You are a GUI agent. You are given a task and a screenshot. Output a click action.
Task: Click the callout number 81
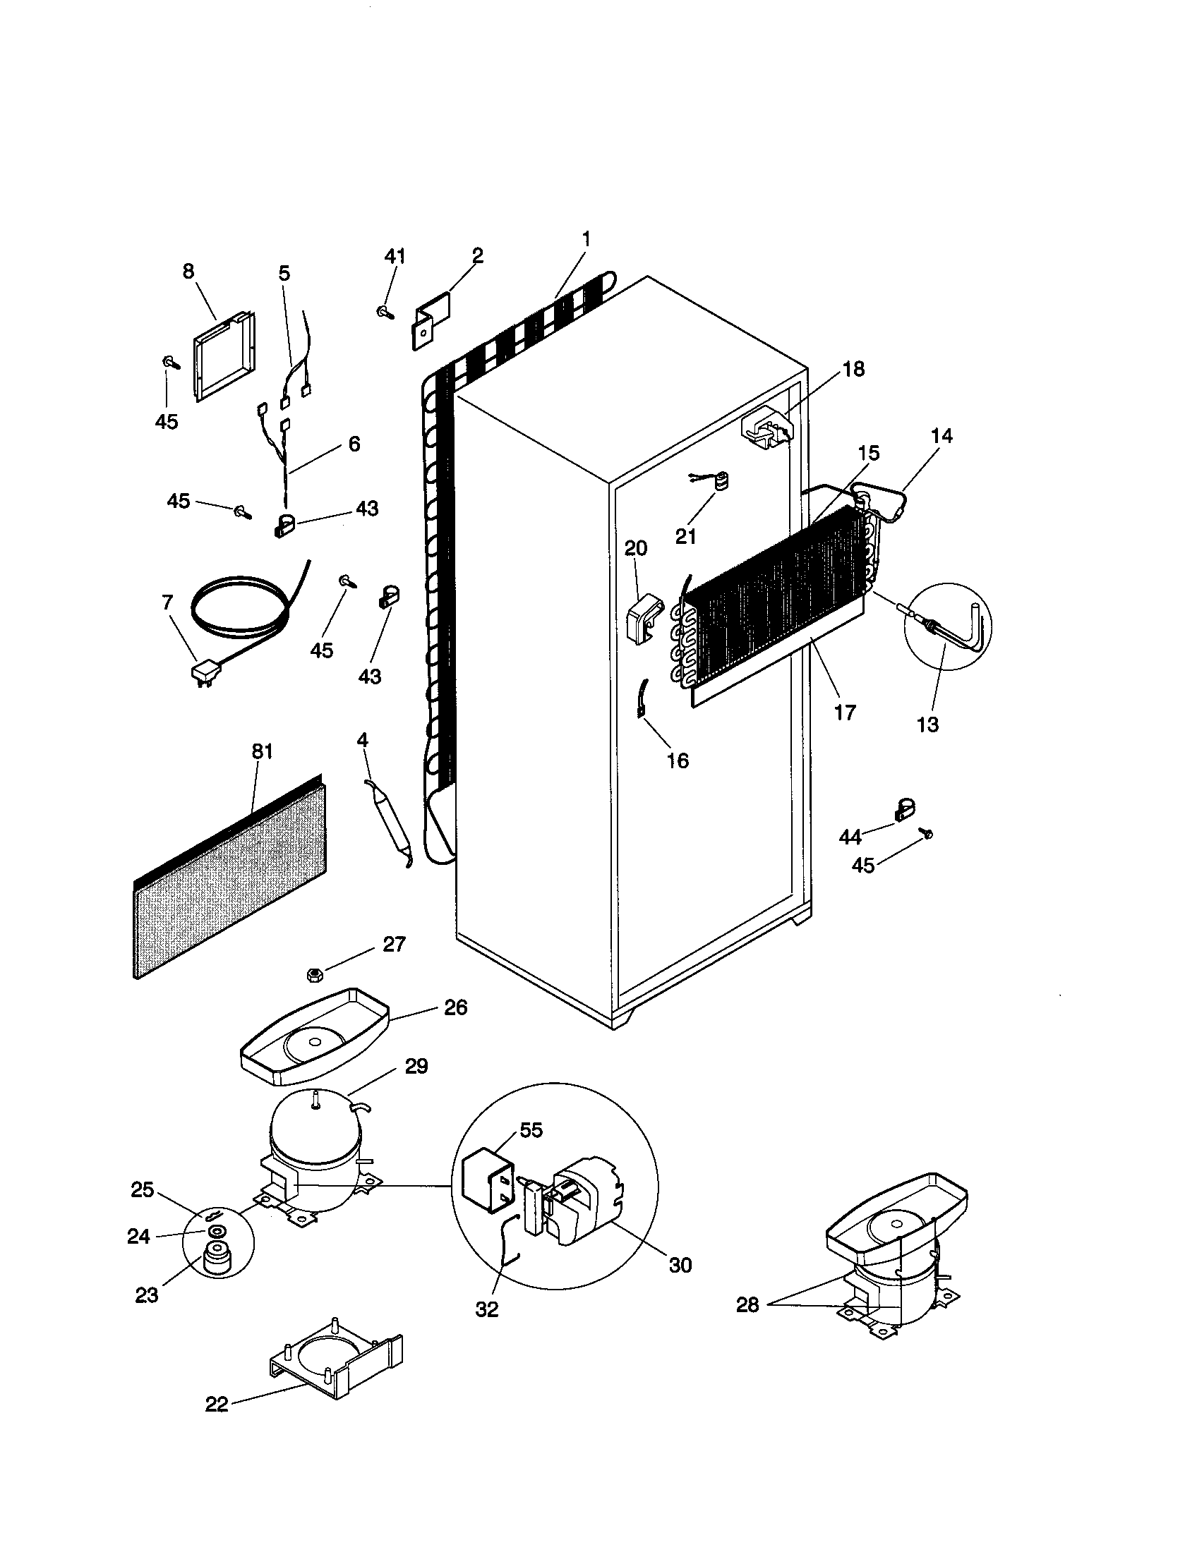(x=262, y=751)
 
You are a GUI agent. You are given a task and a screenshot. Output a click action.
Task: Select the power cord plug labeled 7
(x=205, y=672)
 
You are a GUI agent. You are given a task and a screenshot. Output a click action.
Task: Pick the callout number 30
(x=680, y=1265)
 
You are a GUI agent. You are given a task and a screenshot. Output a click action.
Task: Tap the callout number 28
(x=747, y=1304)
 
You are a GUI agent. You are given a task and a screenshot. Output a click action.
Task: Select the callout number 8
(x=188, y=272)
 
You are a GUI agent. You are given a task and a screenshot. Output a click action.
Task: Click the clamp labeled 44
(x=902, y=810)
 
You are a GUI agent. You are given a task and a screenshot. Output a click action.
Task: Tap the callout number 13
(x=927, y=725)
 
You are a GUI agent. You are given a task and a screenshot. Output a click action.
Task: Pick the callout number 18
(x=855, y=369)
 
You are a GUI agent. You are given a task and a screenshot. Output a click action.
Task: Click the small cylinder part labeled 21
(x=723, y=483)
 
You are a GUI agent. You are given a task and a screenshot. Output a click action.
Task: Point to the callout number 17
(x=844, y=712)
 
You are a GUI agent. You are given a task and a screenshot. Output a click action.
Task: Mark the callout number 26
(x=455, y=1007)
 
